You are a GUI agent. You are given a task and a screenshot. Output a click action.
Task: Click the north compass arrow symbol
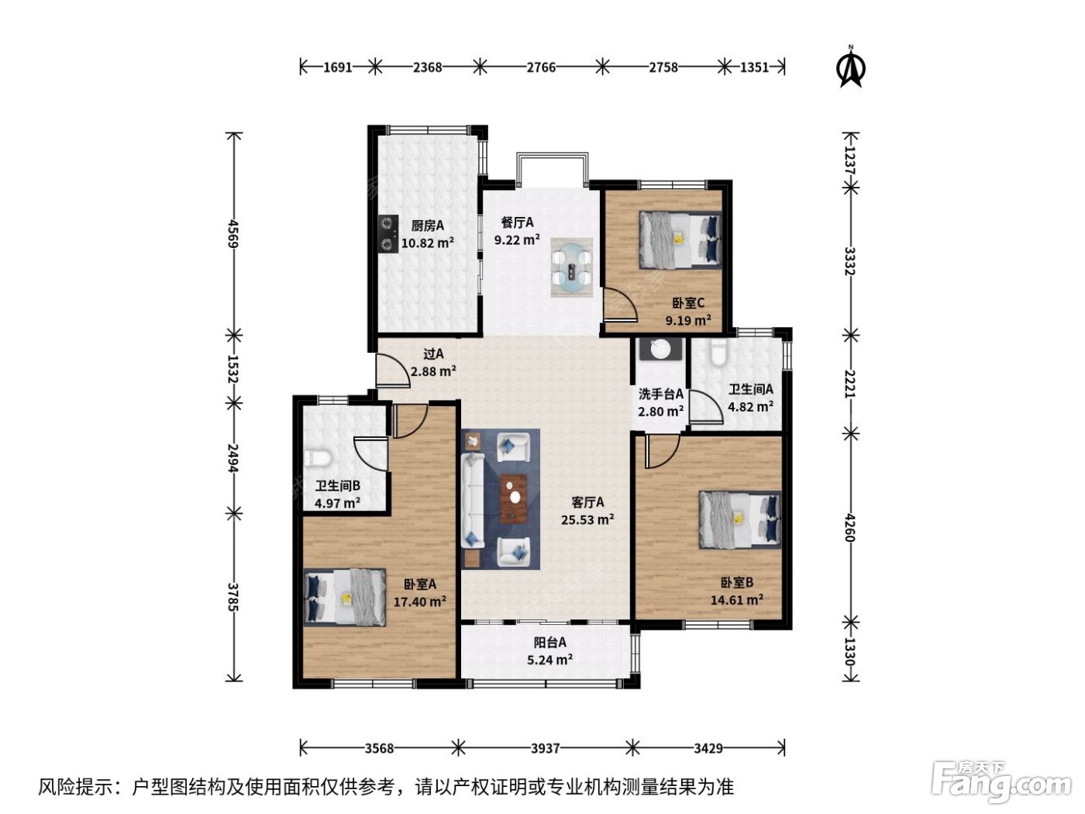click(850, 67)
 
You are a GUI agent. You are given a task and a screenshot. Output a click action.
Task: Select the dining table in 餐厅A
click(572, 267)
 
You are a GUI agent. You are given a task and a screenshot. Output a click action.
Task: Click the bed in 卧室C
click(679, 240)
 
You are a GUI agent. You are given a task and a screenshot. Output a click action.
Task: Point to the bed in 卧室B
click(739, 519)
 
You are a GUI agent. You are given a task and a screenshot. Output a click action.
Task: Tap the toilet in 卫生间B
click(317, 459)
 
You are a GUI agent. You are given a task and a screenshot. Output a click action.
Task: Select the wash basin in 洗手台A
click(660, 349)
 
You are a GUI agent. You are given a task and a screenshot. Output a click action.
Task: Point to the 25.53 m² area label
click(587, 519)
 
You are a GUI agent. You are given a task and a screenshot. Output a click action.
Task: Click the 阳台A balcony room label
click(549, 642)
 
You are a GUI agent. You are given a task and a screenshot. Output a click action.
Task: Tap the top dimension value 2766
click(541, 67)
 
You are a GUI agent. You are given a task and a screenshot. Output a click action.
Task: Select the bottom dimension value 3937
click(546, 748)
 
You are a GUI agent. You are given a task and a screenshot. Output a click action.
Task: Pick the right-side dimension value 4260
click(849, 528)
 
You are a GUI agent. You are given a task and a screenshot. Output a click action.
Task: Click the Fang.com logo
click(1001, 783)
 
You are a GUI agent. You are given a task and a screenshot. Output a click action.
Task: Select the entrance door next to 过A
click(392, 371)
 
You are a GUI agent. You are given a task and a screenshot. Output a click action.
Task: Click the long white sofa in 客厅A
click(472, 501)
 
